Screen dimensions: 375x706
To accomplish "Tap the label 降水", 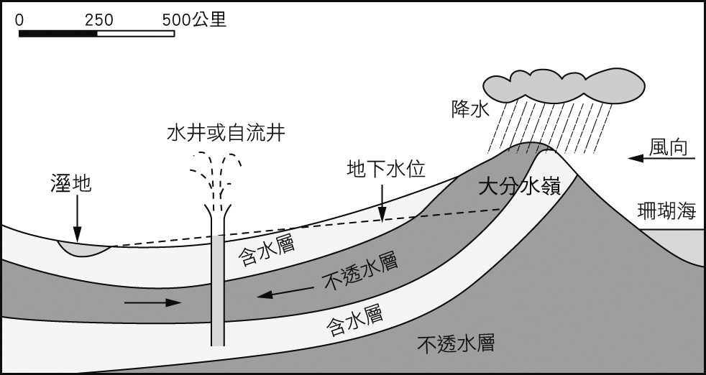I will (469, 110).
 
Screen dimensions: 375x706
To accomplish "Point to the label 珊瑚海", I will (667, 210).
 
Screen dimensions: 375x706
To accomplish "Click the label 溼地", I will (71, 183).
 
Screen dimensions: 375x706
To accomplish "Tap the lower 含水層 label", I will (353, 319).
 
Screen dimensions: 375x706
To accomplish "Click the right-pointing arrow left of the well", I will (152, 302).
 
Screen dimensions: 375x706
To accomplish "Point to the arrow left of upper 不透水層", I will (285, 292).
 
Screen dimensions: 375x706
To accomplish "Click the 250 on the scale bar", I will (99, 20).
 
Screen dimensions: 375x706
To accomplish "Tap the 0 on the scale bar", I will (19, 20).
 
